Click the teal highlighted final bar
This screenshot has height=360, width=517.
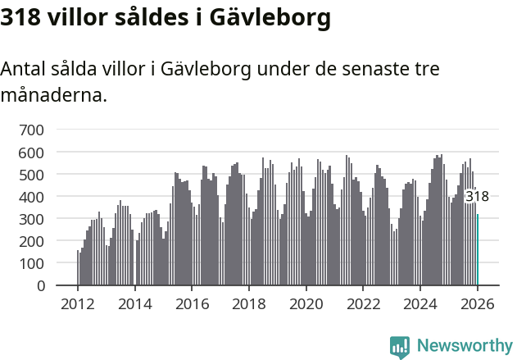[x=478, y=250]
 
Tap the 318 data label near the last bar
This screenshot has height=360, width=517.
[x=477, y=197]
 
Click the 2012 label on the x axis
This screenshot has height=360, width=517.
[x=78, y=304]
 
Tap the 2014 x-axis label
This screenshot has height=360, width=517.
[x=134, y=304]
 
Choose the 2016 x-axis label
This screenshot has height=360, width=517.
[x=192, y=304]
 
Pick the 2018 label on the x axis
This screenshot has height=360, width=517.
[x=249, y=304]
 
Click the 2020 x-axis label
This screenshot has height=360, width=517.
[x=306, y=304]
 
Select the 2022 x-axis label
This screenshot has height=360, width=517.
[x=363, y=304]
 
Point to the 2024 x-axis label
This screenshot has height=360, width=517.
[x=420, y=304]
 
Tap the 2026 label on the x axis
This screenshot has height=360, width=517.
[x=477, y=304]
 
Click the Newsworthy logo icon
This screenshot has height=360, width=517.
[x=400, y=346]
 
